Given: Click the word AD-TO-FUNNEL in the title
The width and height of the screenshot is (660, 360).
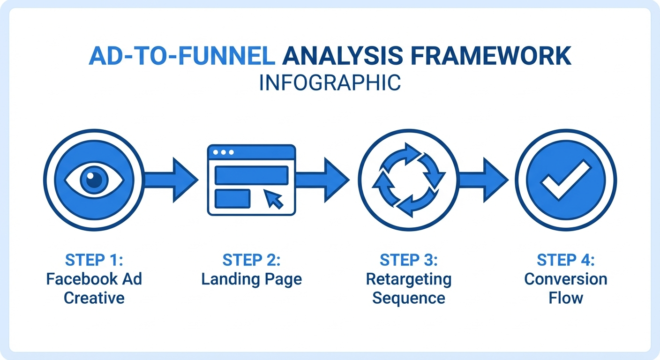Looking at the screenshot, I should click(x=181, y=56).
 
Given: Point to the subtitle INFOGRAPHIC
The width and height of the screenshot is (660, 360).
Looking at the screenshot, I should click(x=330, y=83).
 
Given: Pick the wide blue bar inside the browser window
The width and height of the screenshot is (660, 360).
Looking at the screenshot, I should click(x=251, y=175).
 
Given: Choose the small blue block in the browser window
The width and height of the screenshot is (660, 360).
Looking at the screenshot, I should click(x=232, y=198).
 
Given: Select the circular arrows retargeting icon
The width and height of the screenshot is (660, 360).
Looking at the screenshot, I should click(x=408, y=180).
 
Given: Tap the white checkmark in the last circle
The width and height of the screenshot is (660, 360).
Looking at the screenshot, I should click(x=566, y=180).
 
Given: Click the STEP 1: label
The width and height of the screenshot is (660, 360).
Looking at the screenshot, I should click(x=94, y=260).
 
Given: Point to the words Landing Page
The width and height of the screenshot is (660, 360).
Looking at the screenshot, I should click(x=252, y=279).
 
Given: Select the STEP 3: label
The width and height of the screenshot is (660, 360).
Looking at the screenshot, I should click(x=408, y=260).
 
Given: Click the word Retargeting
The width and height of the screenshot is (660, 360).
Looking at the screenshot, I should click(x=408, y=279).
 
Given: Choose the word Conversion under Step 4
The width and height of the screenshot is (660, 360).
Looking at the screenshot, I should click(x=566, y=279).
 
